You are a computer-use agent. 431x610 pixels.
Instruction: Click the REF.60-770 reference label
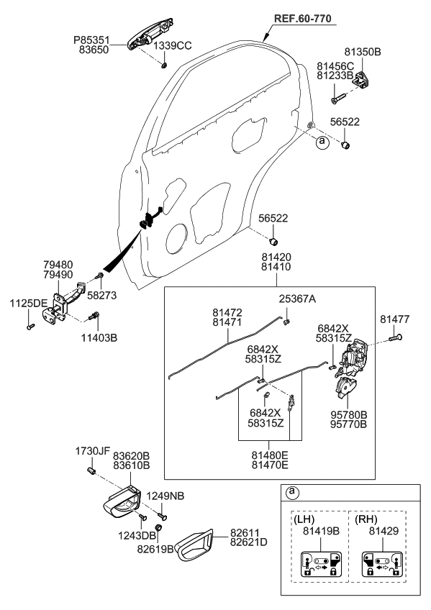[303, 18]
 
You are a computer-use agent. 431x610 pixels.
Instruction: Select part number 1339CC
[172, 45]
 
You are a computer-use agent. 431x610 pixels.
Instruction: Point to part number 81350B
[363, 52]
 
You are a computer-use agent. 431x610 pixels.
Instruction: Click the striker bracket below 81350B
[362, 79]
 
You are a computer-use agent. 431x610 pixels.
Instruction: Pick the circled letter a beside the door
[322, 142]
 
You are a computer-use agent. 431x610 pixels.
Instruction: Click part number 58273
[101, 295]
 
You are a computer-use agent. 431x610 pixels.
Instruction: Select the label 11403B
[99, 337]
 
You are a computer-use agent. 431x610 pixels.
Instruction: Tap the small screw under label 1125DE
[30, 327]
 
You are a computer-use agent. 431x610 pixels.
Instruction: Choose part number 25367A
[297, 299]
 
